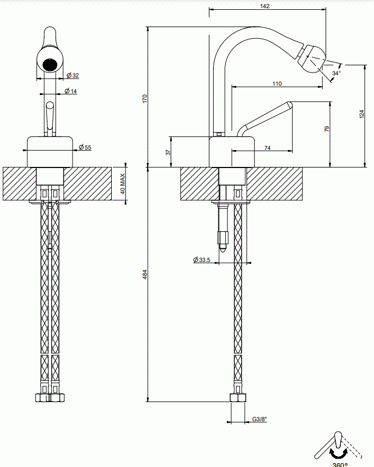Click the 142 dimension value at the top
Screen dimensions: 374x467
[x=264, y=6]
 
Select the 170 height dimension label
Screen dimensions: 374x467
[x=145, y=99]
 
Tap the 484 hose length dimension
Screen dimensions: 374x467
[x=145, y=274]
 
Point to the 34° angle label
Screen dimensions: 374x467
[x=336, y=73]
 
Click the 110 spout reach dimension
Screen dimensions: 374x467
[x=277, y=83]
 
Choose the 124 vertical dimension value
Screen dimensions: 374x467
[x=361, y=114]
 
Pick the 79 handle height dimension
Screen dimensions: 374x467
[x=327, y=129]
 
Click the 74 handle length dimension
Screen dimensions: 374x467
[x=267, y=148]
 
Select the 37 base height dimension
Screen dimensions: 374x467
[x=168, y=152]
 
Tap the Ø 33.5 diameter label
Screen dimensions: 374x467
[x=202, y=260]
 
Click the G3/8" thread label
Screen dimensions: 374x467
[x=260, y=419]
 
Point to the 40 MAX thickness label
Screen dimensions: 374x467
[x=123, y=184]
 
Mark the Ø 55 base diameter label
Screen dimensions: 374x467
[x=85, y=147]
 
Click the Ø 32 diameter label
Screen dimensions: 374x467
[x=73, y=75]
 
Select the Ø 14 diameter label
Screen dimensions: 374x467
[x=70, y=91]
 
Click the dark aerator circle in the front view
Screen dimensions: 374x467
[x=50, y=64]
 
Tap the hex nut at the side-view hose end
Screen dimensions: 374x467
[x=238, y=398]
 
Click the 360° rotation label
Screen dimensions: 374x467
[x=340, y=464]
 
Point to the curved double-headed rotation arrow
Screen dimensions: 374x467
[x=339, y=453]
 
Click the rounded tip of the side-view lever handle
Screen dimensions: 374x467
[x=289, y=105]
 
